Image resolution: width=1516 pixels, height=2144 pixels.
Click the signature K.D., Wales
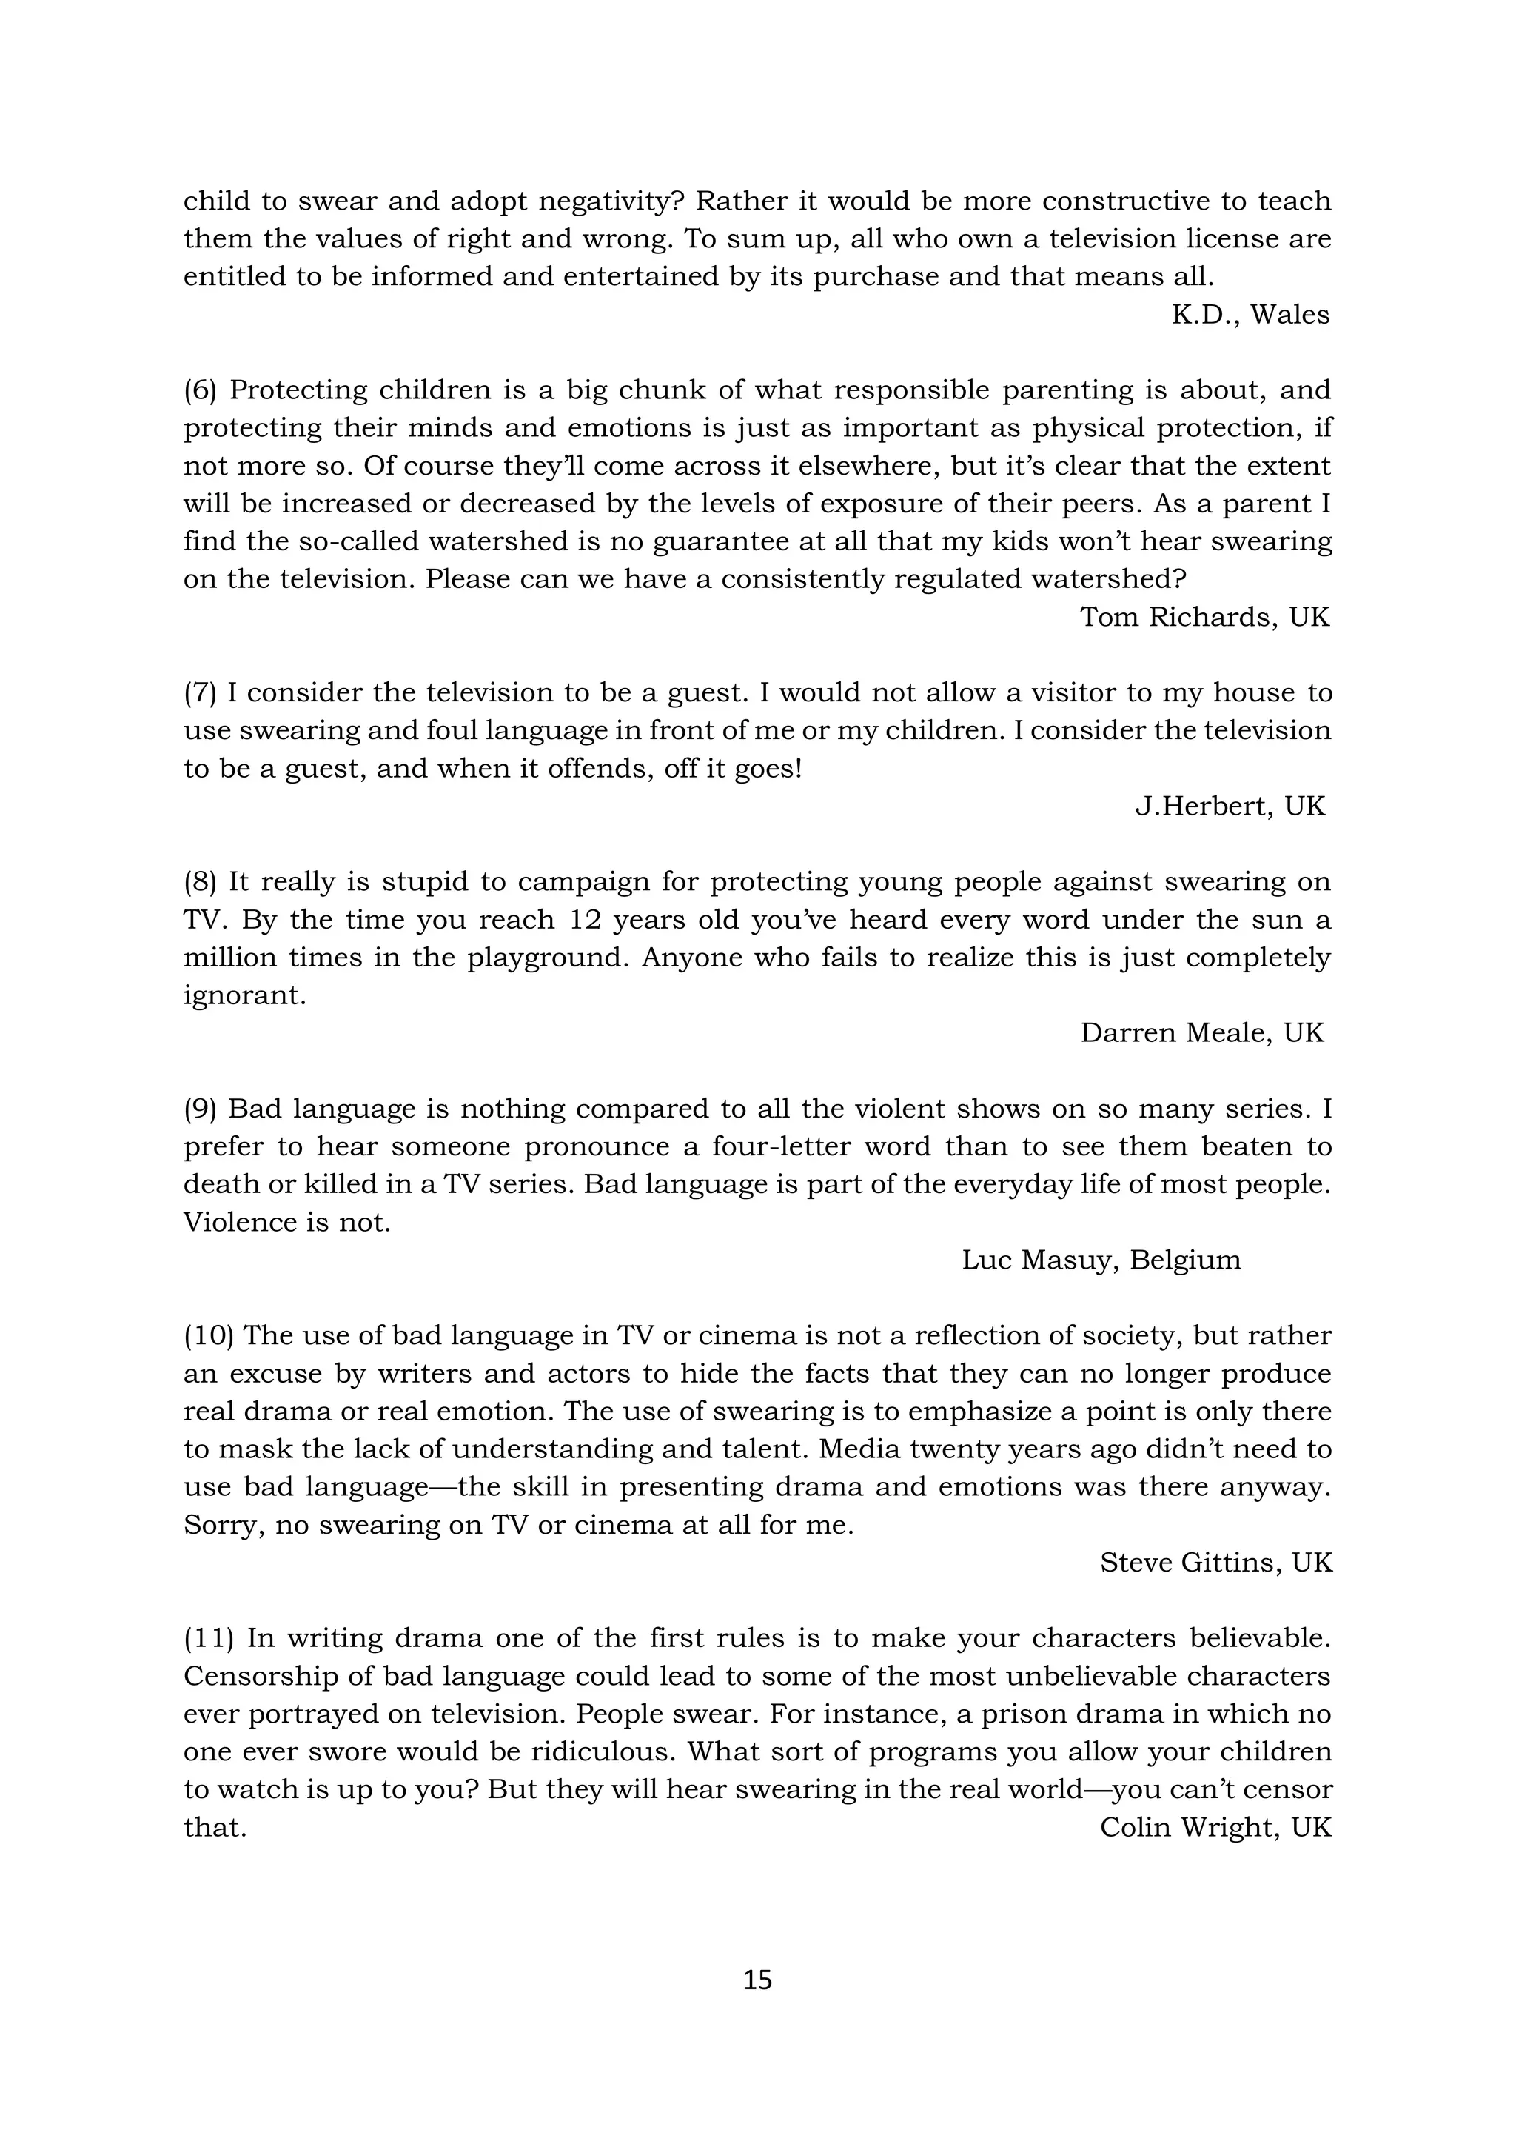point(1250,315)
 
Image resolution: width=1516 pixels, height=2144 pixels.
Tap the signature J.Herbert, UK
point(1230,806)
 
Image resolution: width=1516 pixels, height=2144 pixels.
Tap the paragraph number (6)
point(200,390)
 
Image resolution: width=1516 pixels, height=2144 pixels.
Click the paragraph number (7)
point(200,693)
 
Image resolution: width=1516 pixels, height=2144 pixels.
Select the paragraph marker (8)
point(200,881)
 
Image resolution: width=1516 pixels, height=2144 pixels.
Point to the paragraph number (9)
point(200,1109)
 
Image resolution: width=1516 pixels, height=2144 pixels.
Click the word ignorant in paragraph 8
point(244,996)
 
